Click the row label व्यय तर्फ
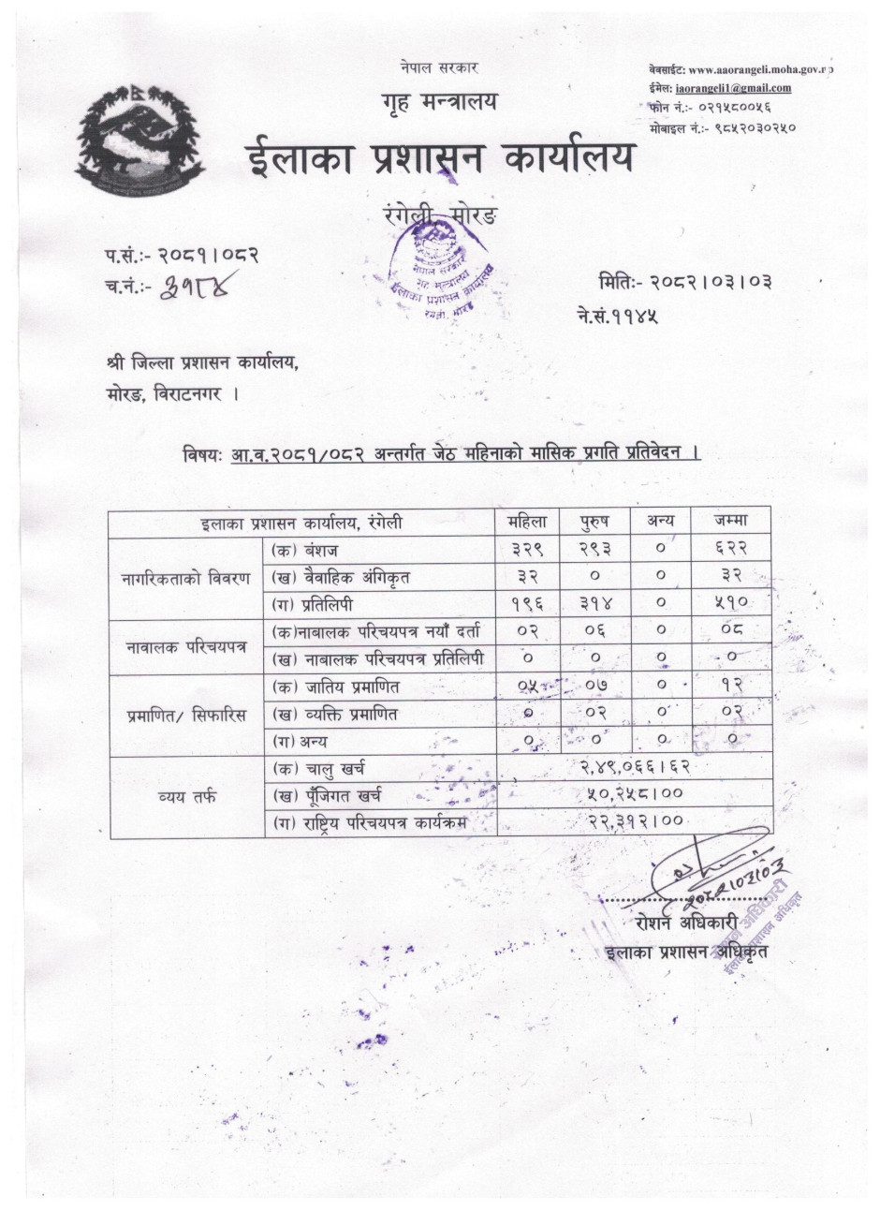tap(185, 795)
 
